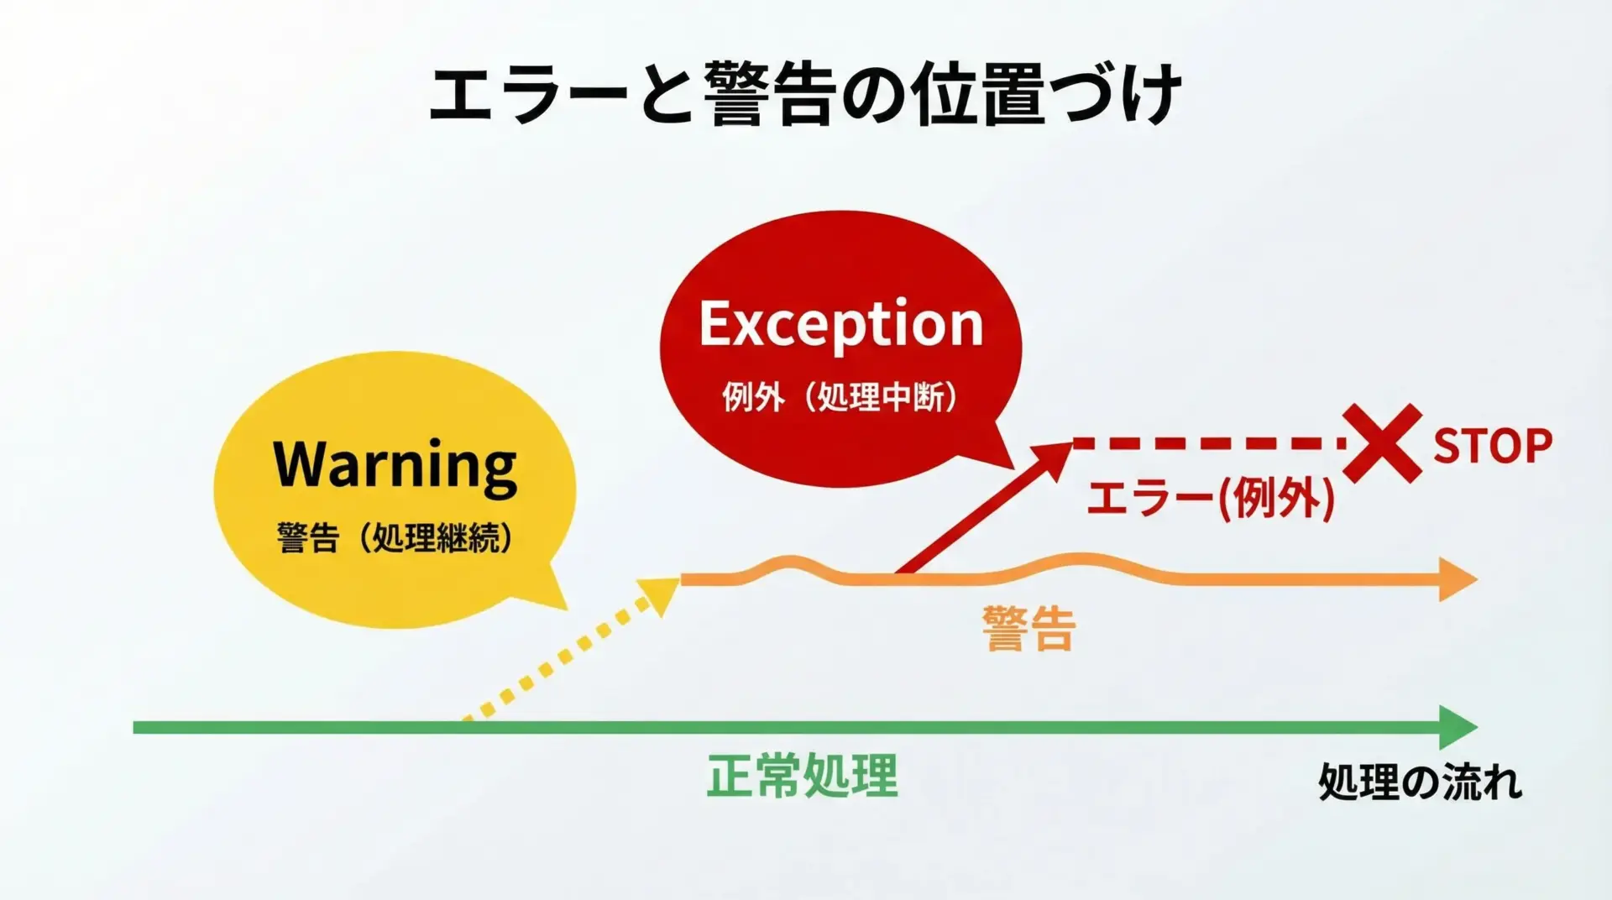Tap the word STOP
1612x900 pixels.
coord(1493,446)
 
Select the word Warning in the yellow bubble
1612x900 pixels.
coord(395,465)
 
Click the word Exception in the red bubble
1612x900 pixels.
coord(841,324)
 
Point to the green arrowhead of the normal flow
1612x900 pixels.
coord(1458,727)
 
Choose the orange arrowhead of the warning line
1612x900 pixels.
coord(1458,579)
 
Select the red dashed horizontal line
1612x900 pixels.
coord(1209,442)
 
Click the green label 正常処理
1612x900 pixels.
coord(802,776)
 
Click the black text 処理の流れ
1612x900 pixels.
coord(1420,782)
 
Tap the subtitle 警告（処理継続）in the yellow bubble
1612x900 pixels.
coord(395,538)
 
